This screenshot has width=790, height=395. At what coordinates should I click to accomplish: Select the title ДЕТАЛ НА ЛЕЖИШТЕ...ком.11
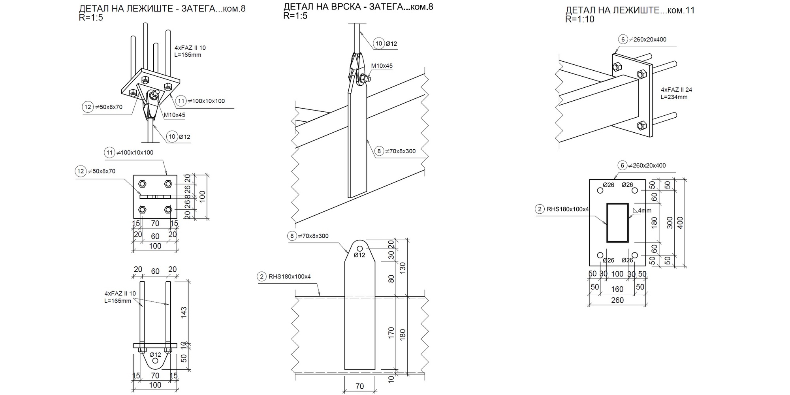coord(630,10)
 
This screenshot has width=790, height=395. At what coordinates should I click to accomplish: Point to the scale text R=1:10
coord(579,19)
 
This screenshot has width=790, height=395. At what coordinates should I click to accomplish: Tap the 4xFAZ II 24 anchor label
coord(676,90)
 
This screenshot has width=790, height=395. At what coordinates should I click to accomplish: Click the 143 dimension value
coord(184,312)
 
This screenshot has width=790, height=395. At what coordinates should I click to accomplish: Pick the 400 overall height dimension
coord(680,223)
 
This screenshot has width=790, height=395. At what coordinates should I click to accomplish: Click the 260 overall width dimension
coord(617,300)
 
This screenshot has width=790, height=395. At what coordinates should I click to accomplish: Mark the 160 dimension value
coord(617,289)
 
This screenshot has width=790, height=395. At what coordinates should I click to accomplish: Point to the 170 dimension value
coord(391,333)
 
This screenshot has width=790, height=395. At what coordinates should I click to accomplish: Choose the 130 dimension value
coord(403,267)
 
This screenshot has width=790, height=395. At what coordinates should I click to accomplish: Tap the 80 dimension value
coord(391,278)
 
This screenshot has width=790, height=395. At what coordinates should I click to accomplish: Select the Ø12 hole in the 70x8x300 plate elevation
coord(359,248)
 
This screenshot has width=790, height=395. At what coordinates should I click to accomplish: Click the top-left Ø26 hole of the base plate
coord(600,191)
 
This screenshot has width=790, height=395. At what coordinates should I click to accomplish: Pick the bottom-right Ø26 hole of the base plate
coord(634,255)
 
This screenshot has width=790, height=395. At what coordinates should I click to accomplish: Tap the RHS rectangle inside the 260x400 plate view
coord(617,222)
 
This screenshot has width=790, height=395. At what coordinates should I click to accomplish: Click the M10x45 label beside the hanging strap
coord(382,66)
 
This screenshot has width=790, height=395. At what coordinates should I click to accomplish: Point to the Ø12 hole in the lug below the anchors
coord(155,361)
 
